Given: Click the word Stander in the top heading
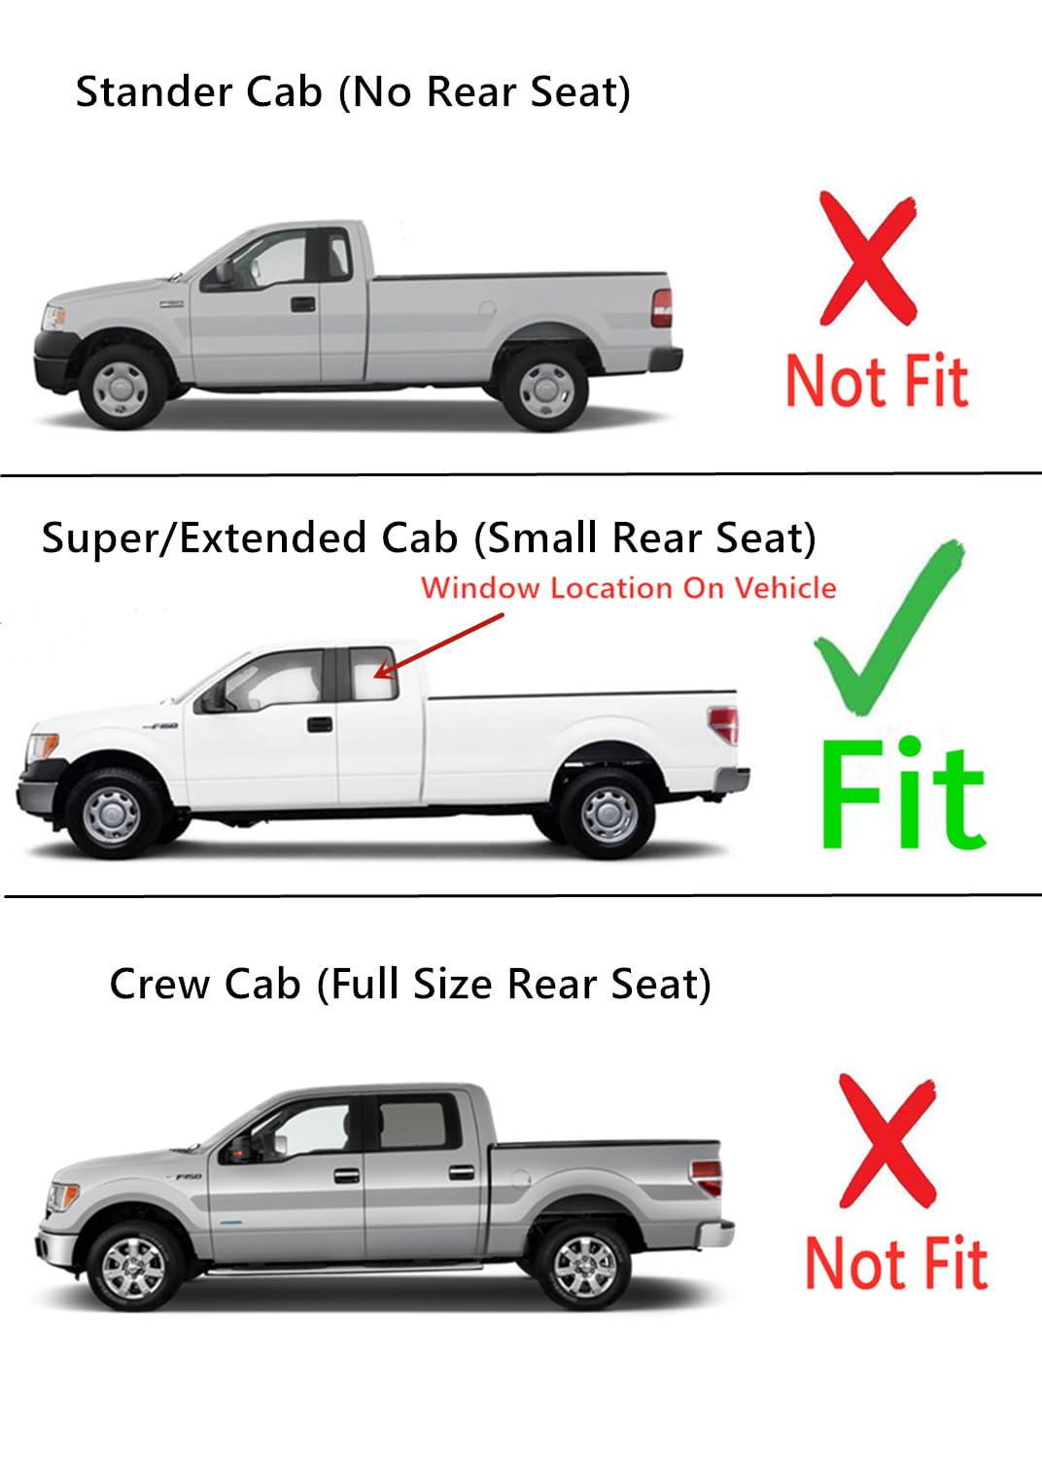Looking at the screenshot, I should (155, 92).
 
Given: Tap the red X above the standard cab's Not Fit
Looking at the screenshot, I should (867, 258).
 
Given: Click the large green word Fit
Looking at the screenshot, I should (902, 794).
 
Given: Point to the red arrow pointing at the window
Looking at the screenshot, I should (439, 644).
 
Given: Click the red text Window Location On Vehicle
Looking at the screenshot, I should (628, 588).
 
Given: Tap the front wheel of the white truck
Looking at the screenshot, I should (113, 813).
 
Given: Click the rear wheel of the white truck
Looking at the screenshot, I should (609, 813).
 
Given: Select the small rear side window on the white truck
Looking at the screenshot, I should (373, 672).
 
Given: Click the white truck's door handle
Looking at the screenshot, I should (319, 724).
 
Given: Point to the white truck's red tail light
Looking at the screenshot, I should (725, 725).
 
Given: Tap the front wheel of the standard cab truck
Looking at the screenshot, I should (122, 387).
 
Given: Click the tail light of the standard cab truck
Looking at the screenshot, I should (662, 307).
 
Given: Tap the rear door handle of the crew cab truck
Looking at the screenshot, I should (462, 1172).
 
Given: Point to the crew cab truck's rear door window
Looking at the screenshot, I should (413, 1125).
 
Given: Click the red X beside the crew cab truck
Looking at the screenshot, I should (886, 1140).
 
